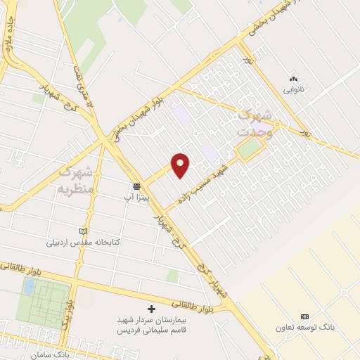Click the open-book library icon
pos(85,231)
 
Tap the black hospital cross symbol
pos(151,308)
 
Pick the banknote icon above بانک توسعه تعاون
pos(304,316)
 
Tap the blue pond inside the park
pos(29,286)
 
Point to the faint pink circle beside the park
pos(86,300)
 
